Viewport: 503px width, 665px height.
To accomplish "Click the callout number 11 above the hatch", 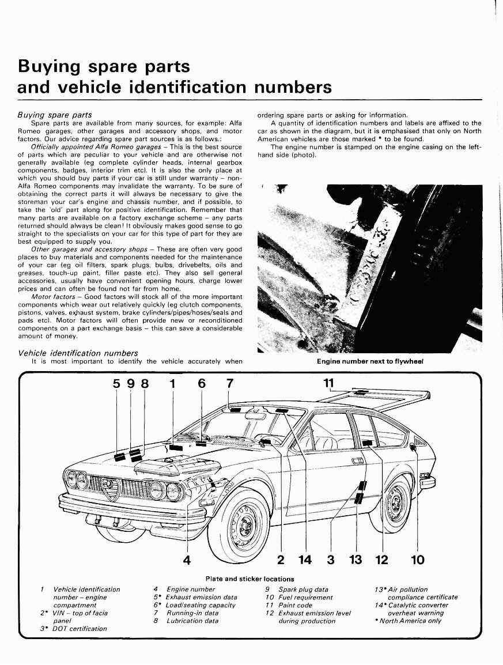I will click(328, 383).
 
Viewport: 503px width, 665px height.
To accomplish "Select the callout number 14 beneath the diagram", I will click(305, 559).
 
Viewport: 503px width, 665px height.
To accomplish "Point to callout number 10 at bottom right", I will click(417, 559).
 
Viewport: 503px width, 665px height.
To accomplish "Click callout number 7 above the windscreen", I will click(230, 383).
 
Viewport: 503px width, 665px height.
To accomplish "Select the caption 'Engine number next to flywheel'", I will click(370, 362).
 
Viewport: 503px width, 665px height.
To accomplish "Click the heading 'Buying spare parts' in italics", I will click(55, 115).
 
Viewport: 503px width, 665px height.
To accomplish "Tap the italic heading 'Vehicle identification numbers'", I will click(78, 353).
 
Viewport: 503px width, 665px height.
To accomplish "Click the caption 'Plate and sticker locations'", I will click(249, 579).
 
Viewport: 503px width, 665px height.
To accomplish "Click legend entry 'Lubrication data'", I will click(192, 621).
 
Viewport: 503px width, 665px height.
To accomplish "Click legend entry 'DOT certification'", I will click(80, 629).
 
